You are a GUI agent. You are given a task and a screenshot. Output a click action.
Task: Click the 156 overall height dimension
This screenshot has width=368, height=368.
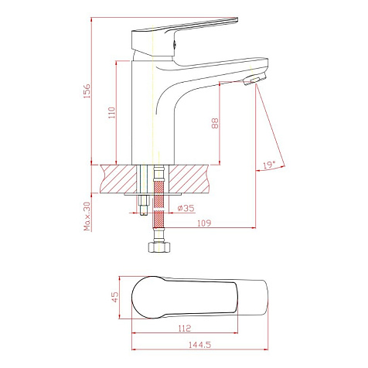coord(87,90)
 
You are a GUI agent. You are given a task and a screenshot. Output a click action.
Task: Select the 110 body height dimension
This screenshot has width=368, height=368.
coord(112,113)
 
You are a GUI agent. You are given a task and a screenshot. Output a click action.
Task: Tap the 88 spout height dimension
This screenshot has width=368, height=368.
coord(215,123)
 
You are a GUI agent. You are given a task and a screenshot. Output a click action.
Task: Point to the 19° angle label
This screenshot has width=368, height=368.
coord(269,165)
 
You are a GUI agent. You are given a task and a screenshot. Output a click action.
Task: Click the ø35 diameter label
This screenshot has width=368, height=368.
coord(186,208)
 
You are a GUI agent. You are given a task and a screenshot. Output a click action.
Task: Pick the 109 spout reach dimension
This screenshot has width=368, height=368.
coord(204,223)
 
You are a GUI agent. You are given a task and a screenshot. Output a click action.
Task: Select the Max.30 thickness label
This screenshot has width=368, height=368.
coord(87,216)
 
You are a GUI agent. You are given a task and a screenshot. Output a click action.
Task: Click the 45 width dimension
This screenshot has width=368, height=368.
coord(115,297)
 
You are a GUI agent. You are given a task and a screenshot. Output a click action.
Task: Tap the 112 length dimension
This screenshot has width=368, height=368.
coord(185,328)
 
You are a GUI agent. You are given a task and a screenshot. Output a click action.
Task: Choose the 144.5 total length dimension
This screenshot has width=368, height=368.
coord(199,345)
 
